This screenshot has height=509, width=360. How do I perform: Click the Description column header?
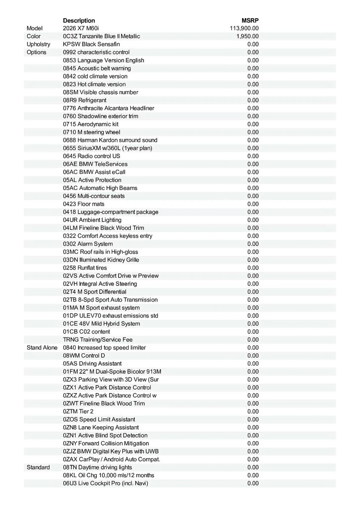(79, 20)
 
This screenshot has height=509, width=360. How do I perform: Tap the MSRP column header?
(250, 20)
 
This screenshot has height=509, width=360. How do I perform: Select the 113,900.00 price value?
(244, 28)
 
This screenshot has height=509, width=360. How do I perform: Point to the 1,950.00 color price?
(247, 36)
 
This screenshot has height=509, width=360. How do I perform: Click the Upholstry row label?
(38, 44)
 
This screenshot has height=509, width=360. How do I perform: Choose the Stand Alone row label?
(42, 347)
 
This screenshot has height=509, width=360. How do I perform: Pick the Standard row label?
(38, 467)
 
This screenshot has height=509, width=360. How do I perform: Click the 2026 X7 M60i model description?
(80, 28)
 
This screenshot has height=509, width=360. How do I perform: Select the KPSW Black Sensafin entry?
(91, 44)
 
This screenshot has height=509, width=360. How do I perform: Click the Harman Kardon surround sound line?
(110, 140)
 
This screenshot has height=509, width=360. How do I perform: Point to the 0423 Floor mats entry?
(84, 204)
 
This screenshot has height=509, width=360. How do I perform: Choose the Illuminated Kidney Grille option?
(101, 260)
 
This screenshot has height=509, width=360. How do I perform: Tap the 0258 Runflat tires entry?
(85, 268)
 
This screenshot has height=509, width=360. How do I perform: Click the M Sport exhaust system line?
(101, 308)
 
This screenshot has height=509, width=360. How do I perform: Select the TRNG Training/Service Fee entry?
(98, 339)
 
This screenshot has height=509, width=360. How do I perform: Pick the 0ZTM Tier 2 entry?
(78, 411)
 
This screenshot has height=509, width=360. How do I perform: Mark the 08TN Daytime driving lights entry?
(98, 467)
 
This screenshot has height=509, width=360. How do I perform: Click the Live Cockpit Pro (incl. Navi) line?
(106, 483)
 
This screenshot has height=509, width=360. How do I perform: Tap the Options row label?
(37, 52)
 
